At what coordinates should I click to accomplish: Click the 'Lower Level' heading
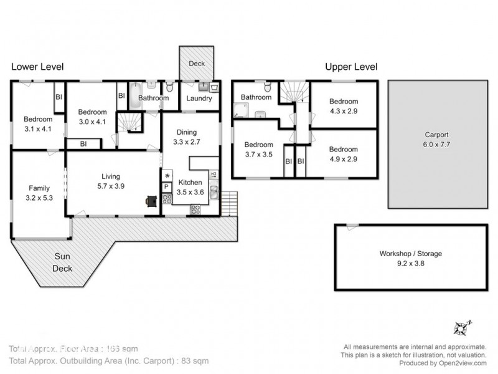[37, 67]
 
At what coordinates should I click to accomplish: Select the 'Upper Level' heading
[351, 67]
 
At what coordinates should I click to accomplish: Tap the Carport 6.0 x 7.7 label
[436, 138]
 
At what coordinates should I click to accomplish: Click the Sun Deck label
[63, 262]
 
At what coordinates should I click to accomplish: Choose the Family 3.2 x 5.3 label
[38, 191]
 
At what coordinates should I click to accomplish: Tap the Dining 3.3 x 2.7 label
[187, 137]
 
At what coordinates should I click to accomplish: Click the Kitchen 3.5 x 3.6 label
[189, 187]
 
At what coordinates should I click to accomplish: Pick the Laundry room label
[199, 98]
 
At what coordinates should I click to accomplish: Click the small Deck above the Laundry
[197, 64]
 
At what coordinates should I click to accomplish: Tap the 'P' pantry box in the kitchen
[167, 187]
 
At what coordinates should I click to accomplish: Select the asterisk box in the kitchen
[167, 176]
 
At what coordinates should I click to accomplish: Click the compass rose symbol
[461, 327]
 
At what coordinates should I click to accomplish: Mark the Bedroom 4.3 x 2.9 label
[344, 106]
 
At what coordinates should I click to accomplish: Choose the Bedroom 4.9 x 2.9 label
[344, 154]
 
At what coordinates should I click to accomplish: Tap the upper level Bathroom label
[256, 97]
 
